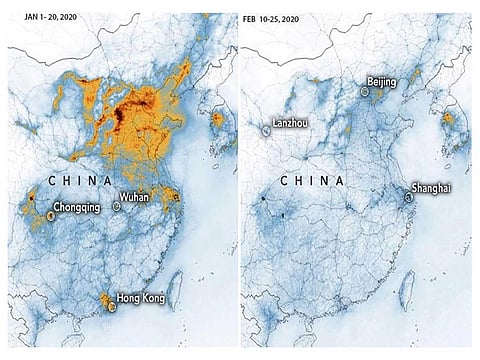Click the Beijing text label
pyautogui.click(x=381, y=81)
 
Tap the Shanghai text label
pyautogui.click(x=430, y=189)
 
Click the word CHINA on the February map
pyautogui.click(x=314, y=179)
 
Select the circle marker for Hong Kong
pyautogui.click(x=112, y=308)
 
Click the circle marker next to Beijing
pyautogui.click(x=365, y=91)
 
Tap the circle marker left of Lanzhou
pyautogui.click(x=266, y=129)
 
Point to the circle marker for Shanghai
pyautogui.click(x=408, y=198)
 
